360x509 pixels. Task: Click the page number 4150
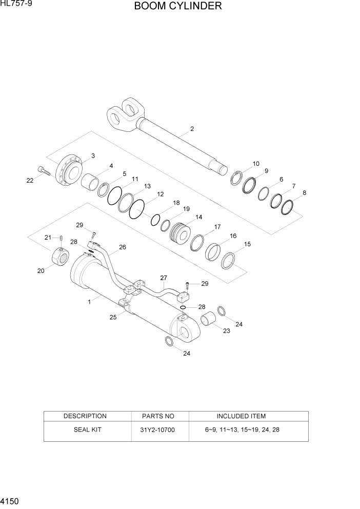[12, 500]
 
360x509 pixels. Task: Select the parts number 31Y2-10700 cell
[158, 429]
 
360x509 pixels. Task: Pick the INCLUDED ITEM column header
[241, 416]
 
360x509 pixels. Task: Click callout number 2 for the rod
[192, 129]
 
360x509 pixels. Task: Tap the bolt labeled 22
[44, 171]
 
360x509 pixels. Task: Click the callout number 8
[305, 193]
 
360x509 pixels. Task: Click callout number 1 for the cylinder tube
[89, 302]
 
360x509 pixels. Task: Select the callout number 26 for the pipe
[123, 247]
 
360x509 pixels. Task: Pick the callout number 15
[247, 244]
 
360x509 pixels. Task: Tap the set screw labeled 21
[61, 239]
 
